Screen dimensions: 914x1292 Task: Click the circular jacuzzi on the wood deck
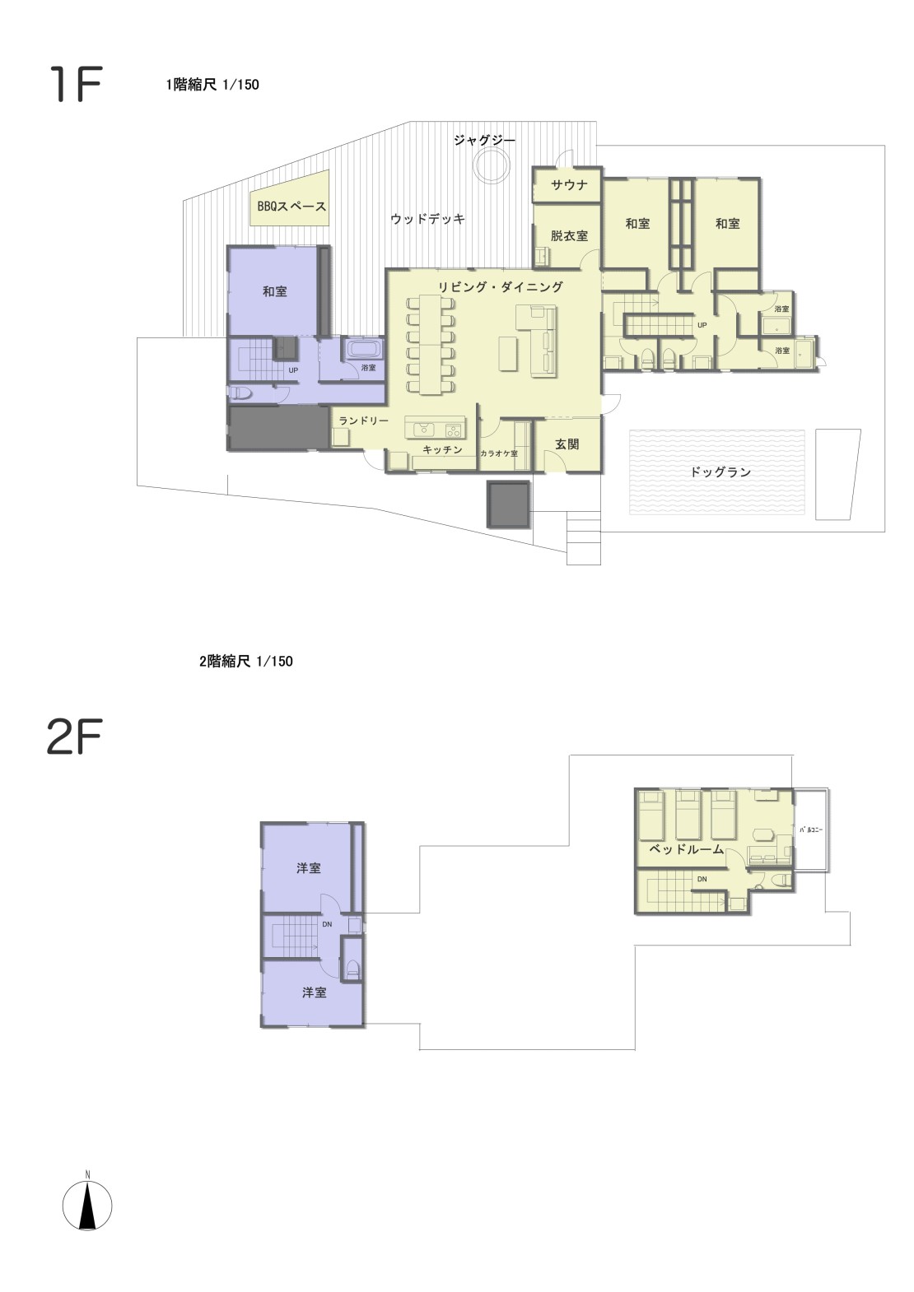click(x=492, y=165)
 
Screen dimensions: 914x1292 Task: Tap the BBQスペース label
click(x=291, y=206)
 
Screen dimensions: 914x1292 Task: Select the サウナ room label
click(x=569, y=185)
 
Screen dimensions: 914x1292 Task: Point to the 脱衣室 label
click(x=569, y=235)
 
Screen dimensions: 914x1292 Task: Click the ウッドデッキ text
click(x=427, y=219)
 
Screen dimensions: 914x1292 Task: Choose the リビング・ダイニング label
click(x=501, y=286)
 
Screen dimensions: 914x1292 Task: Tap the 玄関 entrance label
click(x=567, y=444)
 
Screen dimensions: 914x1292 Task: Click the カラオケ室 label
click(x=499, y=453)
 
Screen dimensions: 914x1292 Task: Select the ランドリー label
click(x=363, y=421)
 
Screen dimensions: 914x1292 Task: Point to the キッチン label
click(x=442, y=449)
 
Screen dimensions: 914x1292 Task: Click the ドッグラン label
click(x=720, y=472)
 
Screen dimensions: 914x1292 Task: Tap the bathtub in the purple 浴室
click(x=363, y=349)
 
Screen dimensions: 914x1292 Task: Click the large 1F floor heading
click(x=75, y=84)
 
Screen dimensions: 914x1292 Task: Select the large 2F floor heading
click(x=74, y=736)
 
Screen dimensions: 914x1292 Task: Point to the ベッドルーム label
click(x=686, y=848)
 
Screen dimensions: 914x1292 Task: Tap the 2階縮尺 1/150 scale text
click(x=246, y=661)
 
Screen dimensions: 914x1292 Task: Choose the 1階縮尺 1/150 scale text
click(x=212, y=84)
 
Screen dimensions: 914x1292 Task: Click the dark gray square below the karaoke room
click(x=508, y=504)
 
